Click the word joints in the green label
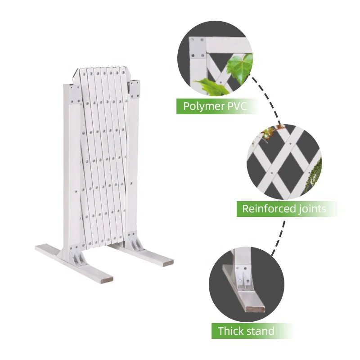(310, 209)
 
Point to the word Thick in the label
(230, 331)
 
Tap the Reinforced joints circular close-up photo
(284, 162)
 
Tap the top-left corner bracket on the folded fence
(74, 93)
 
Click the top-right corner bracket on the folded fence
(135, 87)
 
